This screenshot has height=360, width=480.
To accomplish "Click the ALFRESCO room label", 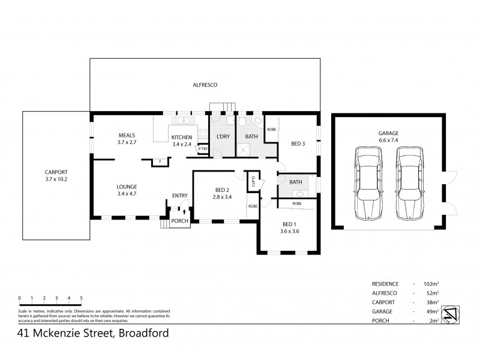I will [x=205, y=85].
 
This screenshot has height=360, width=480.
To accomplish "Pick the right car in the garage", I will [x=408, y=182].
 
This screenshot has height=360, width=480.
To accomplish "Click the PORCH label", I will [x=179, y=221].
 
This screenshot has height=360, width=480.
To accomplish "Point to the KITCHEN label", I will [x=181, y=137].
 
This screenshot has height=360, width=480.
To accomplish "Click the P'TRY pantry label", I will [x=203, y=149].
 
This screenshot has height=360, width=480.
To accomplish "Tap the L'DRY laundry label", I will [x=223, y=137].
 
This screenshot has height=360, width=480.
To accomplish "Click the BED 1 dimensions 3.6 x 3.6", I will [x=290, y=232].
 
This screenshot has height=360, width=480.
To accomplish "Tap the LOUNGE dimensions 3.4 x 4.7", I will [x=127, y=194].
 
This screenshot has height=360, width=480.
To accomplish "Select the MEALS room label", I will [x=127, y=135].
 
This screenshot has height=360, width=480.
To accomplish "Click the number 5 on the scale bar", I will [x=81, y=298].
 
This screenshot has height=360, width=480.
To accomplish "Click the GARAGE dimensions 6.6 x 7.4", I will [x=388, y=140].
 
